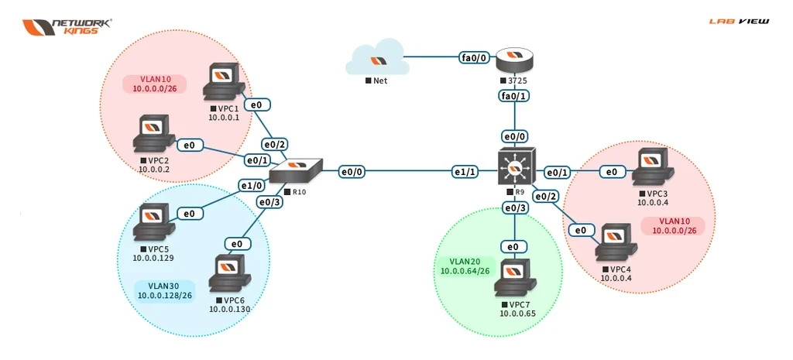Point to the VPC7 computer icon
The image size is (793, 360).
point(517,279)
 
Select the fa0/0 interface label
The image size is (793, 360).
point(473,57)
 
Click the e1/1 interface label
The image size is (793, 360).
point(465,170)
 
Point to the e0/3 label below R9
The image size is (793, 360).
point(515,207)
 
